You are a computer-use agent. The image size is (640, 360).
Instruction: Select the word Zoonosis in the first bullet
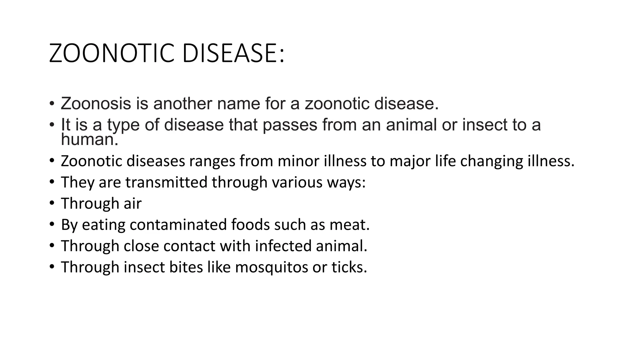96,103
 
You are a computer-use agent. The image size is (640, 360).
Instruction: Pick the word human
89,139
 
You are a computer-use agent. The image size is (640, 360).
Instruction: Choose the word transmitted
166,182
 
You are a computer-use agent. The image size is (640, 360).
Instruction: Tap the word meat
350,225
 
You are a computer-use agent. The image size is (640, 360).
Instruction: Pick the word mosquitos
271,267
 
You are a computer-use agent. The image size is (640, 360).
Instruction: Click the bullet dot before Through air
52,203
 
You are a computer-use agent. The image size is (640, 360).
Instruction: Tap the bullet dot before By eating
52,224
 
